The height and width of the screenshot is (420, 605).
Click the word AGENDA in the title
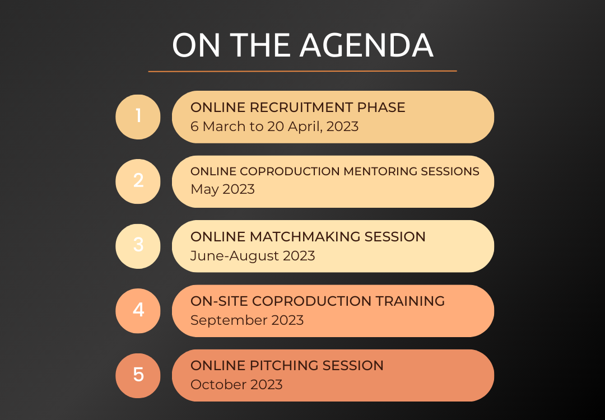[366, 45]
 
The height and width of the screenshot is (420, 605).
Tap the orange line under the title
[302, 71]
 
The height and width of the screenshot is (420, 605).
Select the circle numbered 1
[138, 117]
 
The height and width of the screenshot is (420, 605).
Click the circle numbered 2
[138, 181]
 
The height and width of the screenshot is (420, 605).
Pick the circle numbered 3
[138, 246]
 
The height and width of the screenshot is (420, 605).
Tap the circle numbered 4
[138, 310]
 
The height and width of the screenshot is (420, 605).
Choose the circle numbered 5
[138, 375]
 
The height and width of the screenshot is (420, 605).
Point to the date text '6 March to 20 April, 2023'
[274, 126]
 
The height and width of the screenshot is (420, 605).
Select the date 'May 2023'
[222, 189]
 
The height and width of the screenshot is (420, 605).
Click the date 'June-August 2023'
[253, 256]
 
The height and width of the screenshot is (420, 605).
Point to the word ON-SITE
[219, 301]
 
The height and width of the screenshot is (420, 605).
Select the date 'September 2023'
[247, 320]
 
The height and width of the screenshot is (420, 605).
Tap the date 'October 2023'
[236, 385]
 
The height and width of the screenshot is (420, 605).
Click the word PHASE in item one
[381, 107]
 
